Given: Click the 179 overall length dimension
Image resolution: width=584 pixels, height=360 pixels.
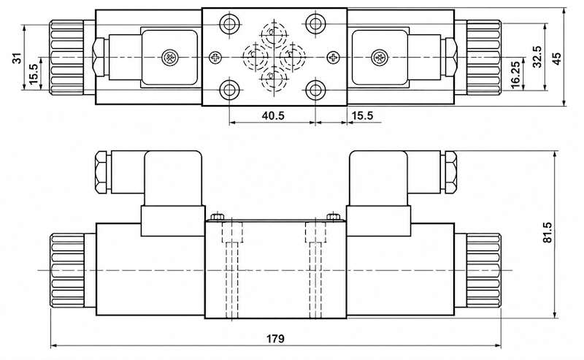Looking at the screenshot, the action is coord(276,338).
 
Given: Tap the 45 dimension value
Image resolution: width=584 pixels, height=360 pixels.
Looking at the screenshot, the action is coord(556,58).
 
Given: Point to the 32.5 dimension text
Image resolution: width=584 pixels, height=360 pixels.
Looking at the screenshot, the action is coord(537,57).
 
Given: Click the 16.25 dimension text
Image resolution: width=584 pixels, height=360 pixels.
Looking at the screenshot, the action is coord(515,74).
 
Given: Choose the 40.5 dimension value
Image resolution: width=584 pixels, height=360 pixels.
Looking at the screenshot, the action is coord(272,115).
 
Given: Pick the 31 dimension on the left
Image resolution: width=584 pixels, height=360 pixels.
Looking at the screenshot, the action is coord(17,58).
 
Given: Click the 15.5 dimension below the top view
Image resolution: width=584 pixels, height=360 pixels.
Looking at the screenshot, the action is coord(362,115).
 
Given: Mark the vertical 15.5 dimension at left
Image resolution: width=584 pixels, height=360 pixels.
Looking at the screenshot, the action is coord(33,74).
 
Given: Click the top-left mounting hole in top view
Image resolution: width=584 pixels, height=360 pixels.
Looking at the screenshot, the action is coord(228,24).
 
